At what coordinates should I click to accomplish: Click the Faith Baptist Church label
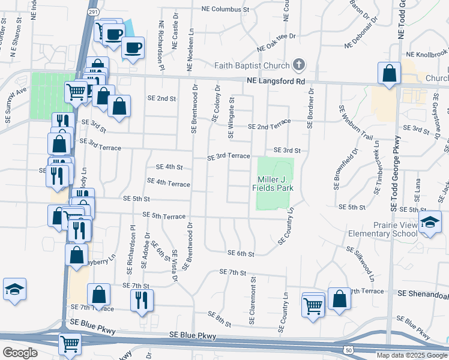tap(252, 65)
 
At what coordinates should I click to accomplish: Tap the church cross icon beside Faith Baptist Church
tap(298, 65)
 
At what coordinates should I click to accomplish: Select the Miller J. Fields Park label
tap(276, 184)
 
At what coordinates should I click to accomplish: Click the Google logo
tap(20, 353)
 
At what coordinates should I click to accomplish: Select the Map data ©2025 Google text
tap(412, 355)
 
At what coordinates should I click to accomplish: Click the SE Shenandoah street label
tap(423, 295)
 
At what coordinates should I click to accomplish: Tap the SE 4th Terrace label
tap(169, 181)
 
